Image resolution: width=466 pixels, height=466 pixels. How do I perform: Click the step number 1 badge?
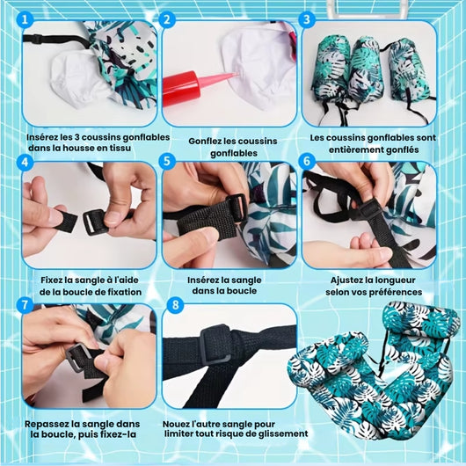[25, 19]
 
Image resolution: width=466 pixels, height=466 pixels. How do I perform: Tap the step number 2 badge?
[167, 19]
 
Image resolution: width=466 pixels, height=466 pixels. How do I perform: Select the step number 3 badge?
[307, 19]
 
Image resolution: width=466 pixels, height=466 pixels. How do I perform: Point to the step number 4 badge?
[25, 162]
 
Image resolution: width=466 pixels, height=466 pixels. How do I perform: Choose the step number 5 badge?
[167, 162]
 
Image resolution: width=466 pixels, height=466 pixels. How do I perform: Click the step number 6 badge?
[307, 162]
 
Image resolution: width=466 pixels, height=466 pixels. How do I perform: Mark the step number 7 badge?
[25, 304]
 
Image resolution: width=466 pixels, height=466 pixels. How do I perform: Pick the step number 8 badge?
[176, 304]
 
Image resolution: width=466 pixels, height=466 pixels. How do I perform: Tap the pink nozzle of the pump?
[217, 81]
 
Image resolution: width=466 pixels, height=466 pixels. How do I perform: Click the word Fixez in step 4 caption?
[51, 280]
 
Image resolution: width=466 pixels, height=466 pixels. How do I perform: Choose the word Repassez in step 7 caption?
[45, 424]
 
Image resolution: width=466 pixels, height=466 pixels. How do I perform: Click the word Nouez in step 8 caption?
[176, 424]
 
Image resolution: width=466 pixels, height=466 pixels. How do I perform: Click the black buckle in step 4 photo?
[95, 222]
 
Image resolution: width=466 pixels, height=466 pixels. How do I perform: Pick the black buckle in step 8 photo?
[216, 345]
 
